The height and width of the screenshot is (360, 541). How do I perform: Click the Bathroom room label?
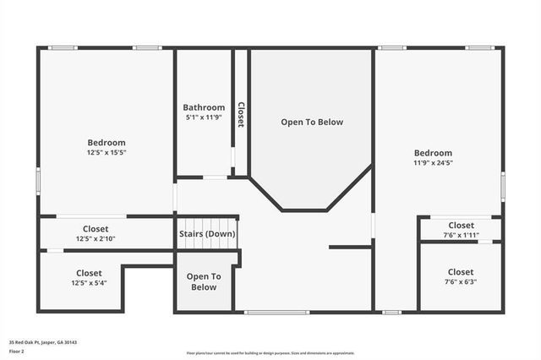[204, 107]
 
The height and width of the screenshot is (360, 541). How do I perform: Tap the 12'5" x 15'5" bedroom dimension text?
[107, 153]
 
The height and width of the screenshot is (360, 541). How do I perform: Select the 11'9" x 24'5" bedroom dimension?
[433, 162]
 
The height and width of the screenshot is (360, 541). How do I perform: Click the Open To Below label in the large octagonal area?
[312, 123]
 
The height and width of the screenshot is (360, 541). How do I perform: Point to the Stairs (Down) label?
[206, 234]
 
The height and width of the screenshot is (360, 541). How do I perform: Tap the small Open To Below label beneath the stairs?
[204, 281]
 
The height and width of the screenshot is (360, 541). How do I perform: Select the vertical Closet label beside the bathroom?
[240, 114]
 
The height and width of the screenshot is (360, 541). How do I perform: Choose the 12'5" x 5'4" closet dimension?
[89, 283]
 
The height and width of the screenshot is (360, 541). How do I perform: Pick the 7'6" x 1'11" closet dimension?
[461, 235]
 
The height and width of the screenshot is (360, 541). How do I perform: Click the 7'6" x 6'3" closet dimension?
[461, 282]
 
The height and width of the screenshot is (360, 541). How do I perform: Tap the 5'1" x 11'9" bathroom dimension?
[204, 117]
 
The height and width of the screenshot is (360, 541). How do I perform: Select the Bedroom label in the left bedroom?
[107, 143]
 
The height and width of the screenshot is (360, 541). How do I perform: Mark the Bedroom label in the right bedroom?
[433, 152]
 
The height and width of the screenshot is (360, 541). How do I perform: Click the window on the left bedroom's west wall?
[38, 181]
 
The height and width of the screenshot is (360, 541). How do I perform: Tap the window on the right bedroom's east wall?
[503, 185]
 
